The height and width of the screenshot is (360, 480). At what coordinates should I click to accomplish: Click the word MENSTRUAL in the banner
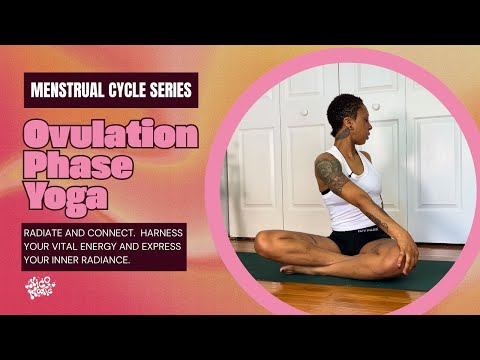[x=70, y=90]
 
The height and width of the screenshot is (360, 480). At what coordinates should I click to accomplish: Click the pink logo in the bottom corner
[x=40, y=289]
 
